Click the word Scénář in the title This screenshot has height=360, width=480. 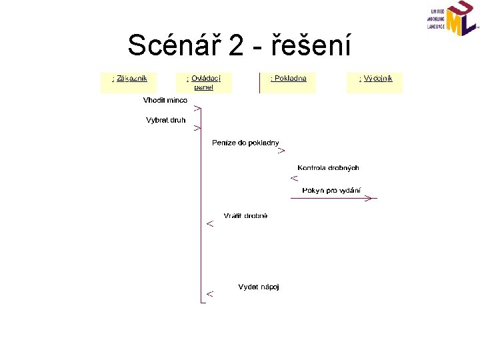coord(173,45)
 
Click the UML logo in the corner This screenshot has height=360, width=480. coord(453,19)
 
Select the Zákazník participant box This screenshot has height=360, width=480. coord(128,82)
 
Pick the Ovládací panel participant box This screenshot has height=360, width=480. coord(203,82)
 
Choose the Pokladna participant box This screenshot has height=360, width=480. coord(288,81)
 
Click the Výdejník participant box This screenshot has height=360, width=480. coord(375,82)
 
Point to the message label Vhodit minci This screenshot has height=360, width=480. coord(165,100)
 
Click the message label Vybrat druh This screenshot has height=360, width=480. coord(166,120)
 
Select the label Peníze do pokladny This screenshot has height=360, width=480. coord(245,143)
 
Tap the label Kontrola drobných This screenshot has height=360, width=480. coord(328,168)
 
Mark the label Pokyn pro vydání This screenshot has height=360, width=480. coord(331,190)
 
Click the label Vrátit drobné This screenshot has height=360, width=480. coord(245,215)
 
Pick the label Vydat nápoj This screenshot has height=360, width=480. coord(259,287)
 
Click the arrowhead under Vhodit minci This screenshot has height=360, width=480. coord(197,108)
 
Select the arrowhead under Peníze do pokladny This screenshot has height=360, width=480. coord(281,151)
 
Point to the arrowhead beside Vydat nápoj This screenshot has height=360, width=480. coord(210,293)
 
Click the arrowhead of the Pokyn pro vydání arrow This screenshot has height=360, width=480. coord(369,198)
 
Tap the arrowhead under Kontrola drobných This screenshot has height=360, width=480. coord(294,178)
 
